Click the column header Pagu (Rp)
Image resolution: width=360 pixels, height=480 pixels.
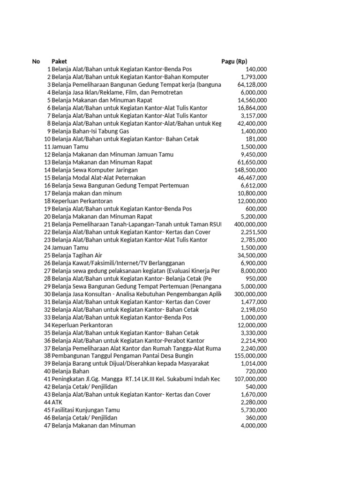[x=234, y=61]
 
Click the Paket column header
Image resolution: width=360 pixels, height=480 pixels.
[x=59, y=61]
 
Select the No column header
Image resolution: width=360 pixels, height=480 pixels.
[x=36, y=61]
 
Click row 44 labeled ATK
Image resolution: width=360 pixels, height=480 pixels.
[x=57, y=402]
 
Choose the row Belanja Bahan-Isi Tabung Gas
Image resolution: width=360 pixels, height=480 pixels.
[x=90, y=131]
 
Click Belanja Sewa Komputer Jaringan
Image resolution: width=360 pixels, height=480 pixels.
[x=95, y=170]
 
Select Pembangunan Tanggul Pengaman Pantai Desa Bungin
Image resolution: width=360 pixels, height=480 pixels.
[x=122, y=356]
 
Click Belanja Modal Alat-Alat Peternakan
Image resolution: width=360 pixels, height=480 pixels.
[x=98, y=178]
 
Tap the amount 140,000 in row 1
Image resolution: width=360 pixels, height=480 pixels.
[x=256, y=69]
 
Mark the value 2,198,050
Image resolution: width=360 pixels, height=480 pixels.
[x=254, y=309]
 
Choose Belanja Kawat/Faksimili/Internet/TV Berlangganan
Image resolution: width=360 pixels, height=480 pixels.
[x=118, y=263]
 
